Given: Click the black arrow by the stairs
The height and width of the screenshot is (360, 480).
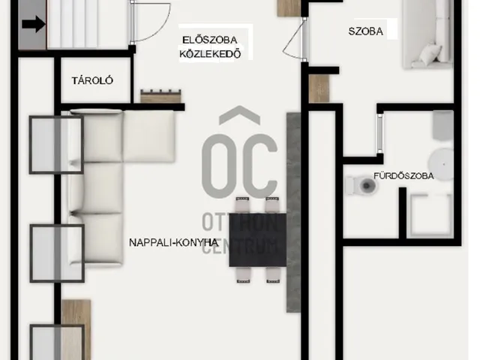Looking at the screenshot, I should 31,25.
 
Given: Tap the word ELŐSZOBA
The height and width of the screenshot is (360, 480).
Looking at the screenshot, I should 209,39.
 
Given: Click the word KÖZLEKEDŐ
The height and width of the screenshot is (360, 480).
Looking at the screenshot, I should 210,53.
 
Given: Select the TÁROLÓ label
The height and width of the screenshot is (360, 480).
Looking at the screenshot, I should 92,80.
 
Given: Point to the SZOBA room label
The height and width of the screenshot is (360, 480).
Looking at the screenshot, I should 366,31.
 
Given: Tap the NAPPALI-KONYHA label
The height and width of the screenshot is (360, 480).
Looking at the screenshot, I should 173,242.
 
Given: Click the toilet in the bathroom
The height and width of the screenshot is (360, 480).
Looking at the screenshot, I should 363,184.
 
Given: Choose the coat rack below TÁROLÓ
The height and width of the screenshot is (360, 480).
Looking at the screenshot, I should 160,97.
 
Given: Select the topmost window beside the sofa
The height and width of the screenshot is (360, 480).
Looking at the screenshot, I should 55,143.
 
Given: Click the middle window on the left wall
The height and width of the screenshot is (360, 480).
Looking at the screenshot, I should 55,252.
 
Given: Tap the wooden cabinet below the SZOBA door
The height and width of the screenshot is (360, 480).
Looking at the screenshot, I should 319,88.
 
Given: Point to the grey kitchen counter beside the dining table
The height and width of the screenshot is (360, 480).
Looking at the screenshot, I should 293,214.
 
